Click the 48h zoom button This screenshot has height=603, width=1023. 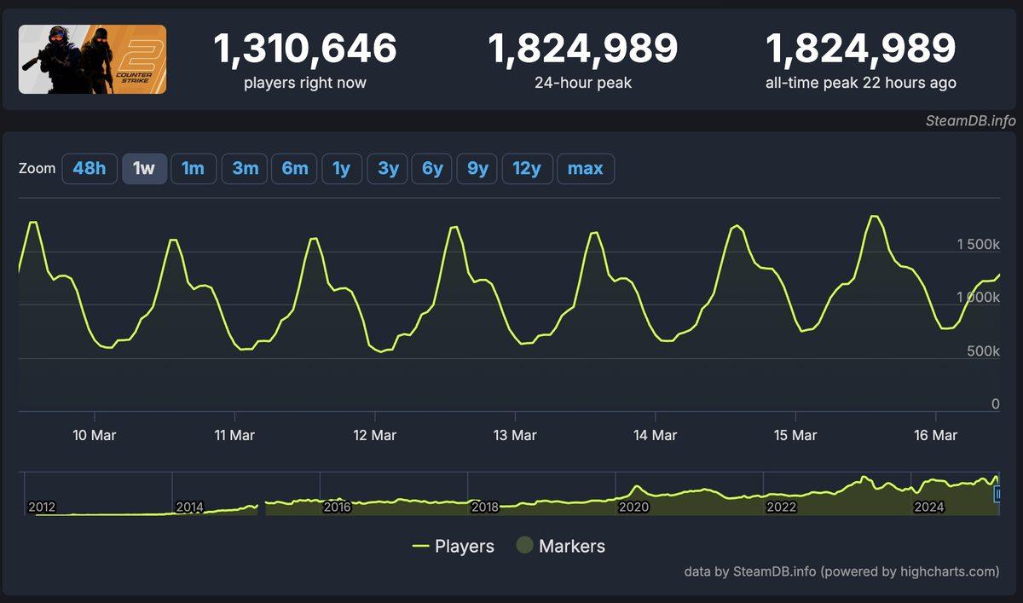pyautogui.click(x=90, y=169)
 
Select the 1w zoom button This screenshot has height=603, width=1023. pyautogui.click(x=144, y=169)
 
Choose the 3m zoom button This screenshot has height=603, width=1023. pyautogui.click(x=246, y=169)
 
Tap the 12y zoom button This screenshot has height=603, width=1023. pyautogui.click(x=527, y=169)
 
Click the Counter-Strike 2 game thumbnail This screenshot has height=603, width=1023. pyautogui.click(x=92, y=59)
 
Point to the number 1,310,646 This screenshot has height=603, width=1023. pyautogui.click(x=305, y=49)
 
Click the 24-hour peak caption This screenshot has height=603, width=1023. pyautogui.click(x=583, y=83)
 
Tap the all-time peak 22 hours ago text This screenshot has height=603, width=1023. pyautogui.click(x=861, y=83)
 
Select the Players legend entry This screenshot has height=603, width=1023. pyautogui.click(x=453, y=547)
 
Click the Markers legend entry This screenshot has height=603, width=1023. pyautogui.click(x=560, y=547)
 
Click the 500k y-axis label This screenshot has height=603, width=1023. pyautogui.click(x=983, y=351)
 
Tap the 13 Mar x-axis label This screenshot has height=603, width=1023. pyautogui.click(x=516, y=435)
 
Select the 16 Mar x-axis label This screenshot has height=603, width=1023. pyautogui.click(x=935, y=435)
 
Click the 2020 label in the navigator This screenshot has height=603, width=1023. pyautogui.click(x=633, y=507)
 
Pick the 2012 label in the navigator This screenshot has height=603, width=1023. pyautogui.click(x=42, y=507)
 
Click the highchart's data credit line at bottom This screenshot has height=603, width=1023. pyautogui.click(x=841, y=571)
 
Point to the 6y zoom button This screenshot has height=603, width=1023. pyautogui.click(x=432, y=169)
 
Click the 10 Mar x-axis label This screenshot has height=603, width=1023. pyautogui.click(x=95, y=435)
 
